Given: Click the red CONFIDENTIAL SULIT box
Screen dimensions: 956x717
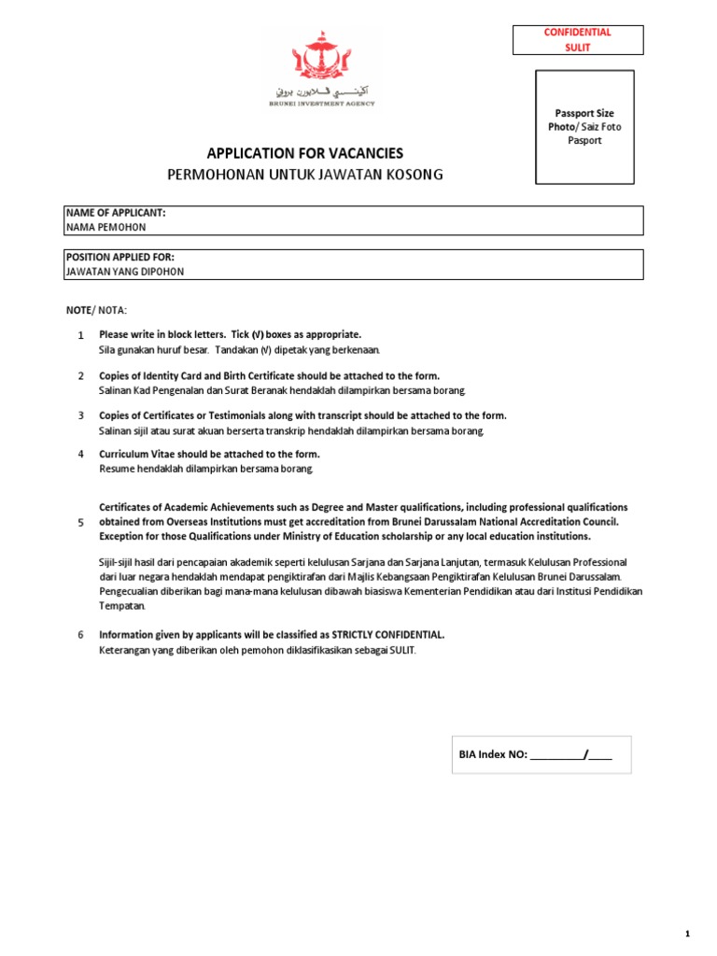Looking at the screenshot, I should point(578,39).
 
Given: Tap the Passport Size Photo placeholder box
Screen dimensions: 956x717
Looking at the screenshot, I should point(584,126).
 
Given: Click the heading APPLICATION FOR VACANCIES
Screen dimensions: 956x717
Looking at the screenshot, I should point(299,153).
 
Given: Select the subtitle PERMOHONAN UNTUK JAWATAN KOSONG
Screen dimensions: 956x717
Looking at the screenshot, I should point(305,175).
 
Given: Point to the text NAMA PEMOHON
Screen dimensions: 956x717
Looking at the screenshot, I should point(105,227).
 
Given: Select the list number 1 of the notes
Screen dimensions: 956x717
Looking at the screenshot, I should point(80,335).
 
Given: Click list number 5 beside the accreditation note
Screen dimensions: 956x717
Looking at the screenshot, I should point(80,523).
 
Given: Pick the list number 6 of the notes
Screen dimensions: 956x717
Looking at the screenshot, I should point(80,636).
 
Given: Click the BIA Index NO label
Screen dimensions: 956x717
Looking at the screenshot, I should point(494,754).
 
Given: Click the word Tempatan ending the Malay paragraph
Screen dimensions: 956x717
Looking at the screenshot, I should point(120,606).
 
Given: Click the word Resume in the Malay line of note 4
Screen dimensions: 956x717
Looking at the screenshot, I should point(118,468).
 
